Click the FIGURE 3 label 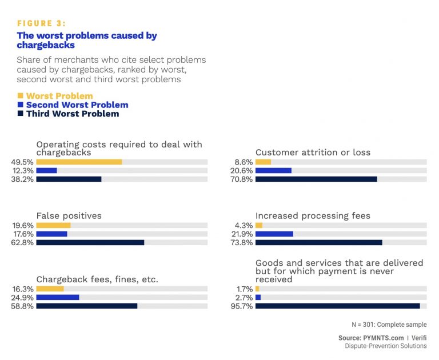[x=41, y=23]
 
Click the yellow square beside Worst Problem [x=21, y=96]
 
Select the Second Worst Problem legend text [x=77, y=105]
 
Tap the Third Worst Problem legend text [x=72, y=114]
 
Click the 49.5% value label [x=22, y=162]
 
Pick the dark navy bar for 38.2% [x=69, y=179]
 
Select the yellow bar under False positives [x=53, y=225]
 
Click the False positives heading [x=69, y=216]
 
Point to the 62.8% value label [x=22, y=242]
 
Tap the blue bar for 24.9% [x=58, y=297]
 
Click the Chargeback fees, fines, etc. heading [x=97, y=279]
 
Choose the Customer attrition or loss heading [x=313, y=153]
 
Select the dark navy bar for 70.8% [x=316, y=179]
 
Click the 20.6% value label [x=241, y=170]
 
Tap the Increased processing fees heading [x=313, y=216]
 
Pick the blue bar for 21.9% [x=274, y=234]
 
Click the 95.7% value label [x=241, y=306]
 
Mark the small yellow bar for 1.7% [x=257, y=289]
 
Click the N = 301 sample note [x=389, y=325]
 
